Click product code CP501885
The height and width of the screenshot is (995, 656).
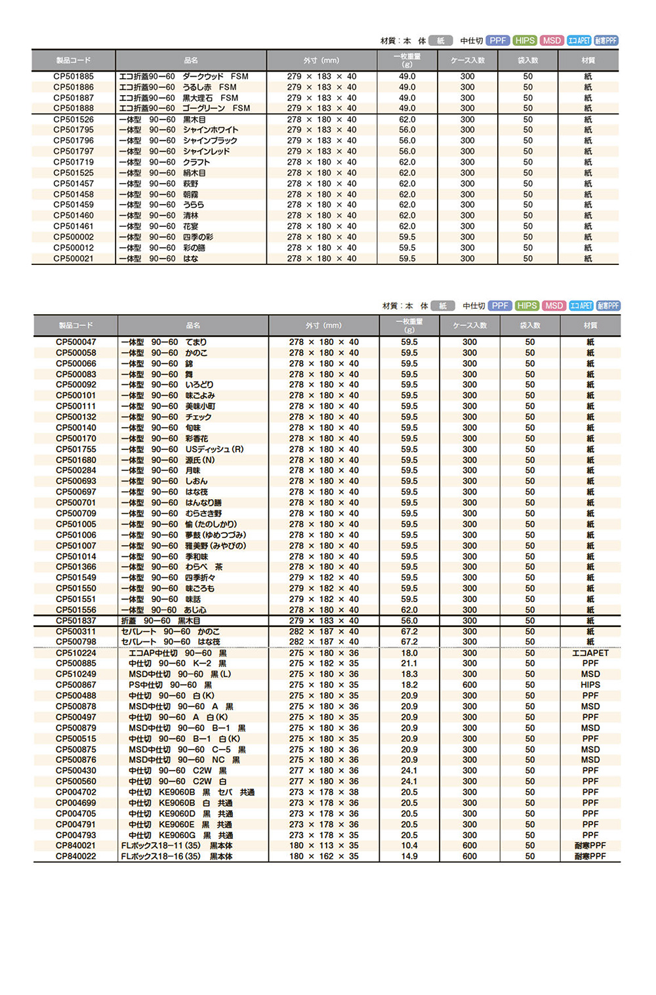[x=73, y=77]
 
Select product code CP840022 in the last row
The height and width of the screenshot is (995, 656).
[x=76, y=857]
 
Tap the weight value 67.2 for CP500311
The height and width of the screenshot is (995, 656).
[x=409, y=632]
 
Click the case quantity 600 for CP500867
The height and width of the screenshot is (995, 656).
[x=470, y=685]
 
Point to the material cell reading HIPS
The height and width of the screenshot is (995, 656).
[x=590, y=685]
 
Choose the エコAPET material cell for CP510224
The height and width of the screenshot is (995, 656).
[x=590, y=653]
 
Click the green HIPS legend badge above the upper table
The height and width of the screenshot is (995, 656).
[x=525, y=41]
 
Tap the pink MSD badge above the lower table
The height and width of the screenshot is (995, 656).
[x=554, y=306]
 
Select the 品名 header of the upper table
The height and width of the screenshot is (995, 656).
[x=191, y=60]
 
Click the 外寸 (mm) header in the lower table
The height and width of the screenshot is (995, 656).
[x=323, y=325]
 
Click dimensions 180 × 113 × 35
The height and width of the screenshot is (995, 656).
[x=324, y=846]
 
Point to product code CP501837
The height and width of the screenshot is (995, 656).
[x=76, y=620]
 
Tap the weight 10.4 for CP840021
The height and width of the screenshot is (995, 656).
[x=409, y=846]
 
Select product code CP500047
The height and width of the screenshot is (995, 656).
[x=76, y=342]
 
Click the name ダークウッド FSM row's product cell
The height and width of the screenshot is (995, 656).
[x=184, y=77]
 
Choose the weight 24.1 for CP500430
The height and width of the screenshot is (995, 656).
[x=409, y=771]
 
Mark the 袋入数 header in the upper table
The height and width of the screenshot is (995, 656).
[x=527, y=60]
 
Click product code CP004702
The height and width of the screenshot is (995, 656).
[x=76, y=792]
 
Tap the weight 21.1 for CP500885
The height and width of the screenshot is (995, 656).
[x=409, y=664]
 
